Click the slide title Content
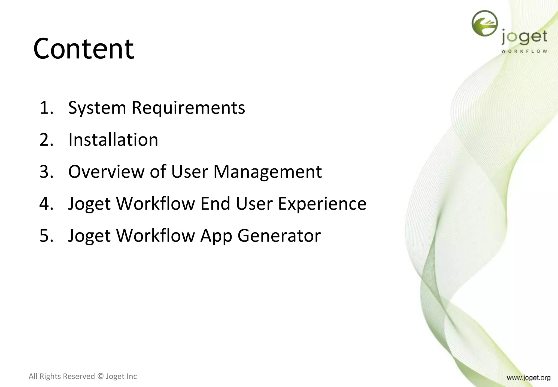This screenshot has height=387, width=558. pos(84,49)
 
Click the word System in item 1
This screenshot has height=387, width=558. pos(97,108)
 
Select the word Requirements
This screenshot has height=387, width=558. pos(188,108)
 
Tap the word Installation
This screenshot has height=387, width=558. pos(113,140)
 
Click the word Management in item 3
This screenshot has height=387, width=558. pos(267,172)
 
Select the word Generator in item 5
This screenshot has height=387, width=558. pos(279,236)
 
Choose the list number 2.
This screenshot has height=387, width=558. pos(46,140)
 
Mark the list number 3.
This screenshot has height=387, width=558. pos(46,172)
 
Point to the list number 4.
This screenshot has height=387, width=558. pos(46,204)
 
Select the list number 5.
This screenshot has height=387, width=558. pos(46,236)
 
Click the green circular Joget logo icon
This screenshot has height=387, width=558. pos(484,23)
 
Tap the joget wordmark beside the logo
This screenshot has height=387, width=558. pos(524,38)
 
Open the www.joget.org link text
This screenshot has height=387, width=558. pos(528,378)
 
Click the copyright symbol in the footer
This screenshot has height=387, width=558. pos(101,376)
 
